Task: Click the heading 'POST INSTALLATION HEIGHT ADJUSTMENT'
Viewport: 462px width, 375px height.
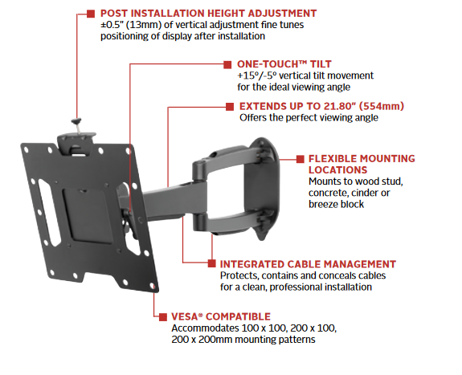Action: pyautogui.click(x=208, y=14)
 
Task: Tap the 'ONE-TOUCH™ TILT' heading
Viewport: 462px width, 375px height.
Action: pyautogui.click(x=284, y=64)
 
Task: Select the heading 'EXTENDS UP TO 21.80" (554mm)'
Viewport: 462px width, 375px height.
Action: pyautogui.click(x=321, y=106)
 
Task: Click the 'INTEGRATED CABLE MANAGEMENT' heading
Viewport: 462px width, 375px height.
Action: pyautogui.click(x=308, y=264)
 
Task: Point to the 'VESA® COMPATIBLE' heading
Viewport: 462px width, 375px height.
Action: pyautogui.click(x=221, y=316)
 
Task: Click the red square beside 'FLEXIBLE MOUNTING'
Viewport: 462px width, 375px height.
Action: pyautogui.click(x=300, y=159)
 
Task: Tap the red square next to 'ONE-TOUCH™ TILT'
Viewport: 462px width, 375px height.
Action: pyautogui.click(x=227, y=64)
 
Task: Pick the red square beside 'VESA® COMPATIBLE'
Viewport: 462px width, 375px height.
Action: pyautogui.click(x=163, y=317)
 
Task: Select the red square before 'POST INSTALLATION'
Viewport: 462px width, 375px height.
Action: pyautogui.click(x=91, y=14)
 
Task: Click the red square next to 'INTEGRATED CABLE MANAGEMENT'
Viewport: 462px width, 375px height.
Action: pyautogui.click(x=211, y=263)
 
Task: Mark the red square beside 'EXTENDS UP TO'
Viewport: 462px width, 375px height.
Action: pyautogui.click(x=230, y=107)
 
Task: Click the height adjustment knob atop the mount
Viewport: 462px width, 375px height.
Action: pyautogui.click(x=76, y=121)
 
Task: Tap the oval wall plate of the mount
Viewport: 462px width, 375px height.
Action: pyautogui.click(x=265, y=189)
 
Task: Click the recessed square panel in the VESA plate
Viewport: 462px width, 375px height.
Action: pyautogui.click(x=88, y=216)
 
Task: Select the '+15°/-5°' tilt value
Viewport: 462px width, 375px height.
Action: pyautogui.click(x=257, y=75)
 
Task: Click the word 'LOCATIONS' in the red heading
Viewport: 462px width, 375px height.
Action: pyautogui.click(x=338, y=170)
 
